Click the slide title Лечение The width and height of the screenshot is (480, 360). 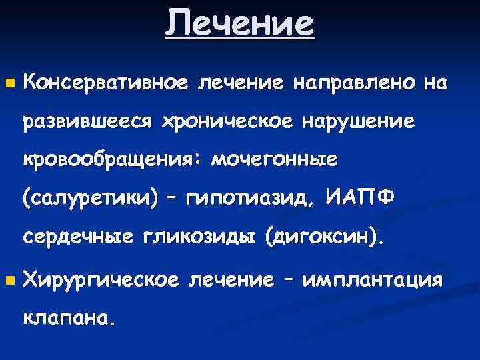(x=239, y=24)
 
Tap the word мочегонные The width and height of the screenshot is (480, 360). (x=273, y=160)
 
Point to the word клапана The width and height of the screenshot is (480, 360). (x=69, y=318)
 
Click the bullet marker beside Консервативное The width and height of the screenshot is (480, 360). (x=9, y=85)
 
